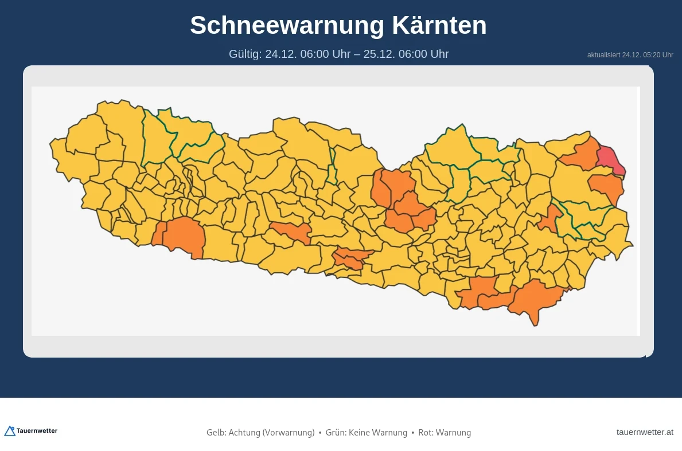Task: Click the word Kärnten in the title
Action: [x=439, y=25]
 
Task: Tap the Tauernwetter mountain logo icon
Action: [x=9, y=431]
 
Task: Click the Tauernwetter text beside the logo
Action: [x=37, y=431]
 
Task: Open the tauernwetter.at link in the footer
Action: [x=645, y=432]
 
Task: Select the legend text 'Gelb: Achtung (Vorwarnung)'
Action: [x=260, y=433]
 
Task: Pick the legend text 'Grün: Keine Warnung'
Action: [x=366, y=433]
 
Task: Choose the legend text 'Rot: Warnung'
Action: [x=445, y=433]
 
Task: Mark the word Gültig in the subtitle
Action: [x=244, y=54]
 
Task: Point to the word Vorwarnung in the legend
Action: [x=289, y=433]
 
